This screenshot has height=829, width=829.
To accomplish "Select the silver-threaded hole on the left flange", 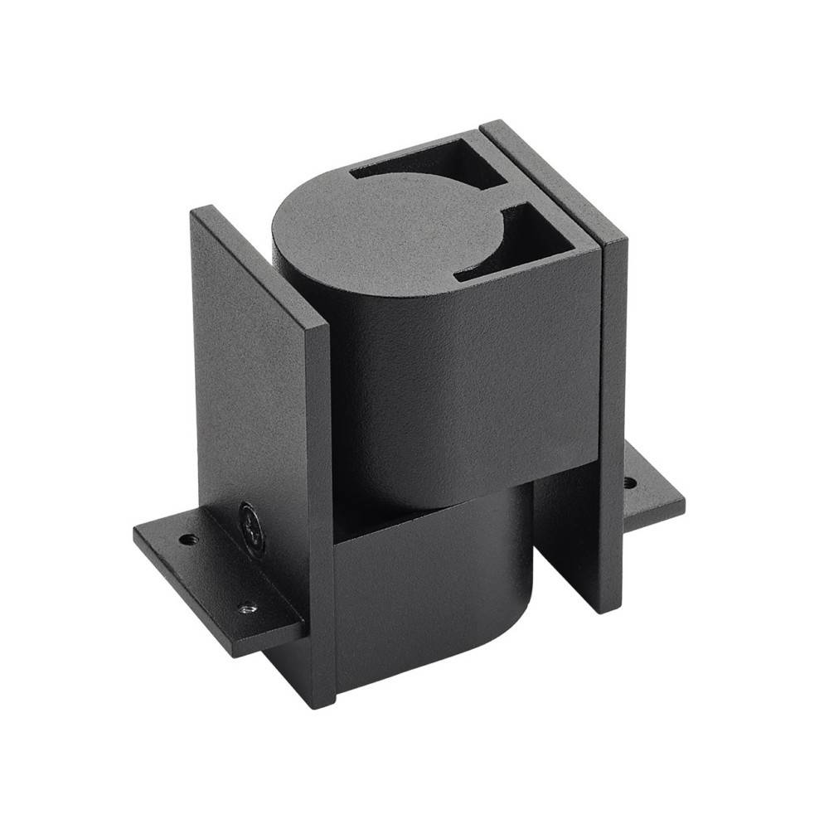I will coord(245,608).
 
